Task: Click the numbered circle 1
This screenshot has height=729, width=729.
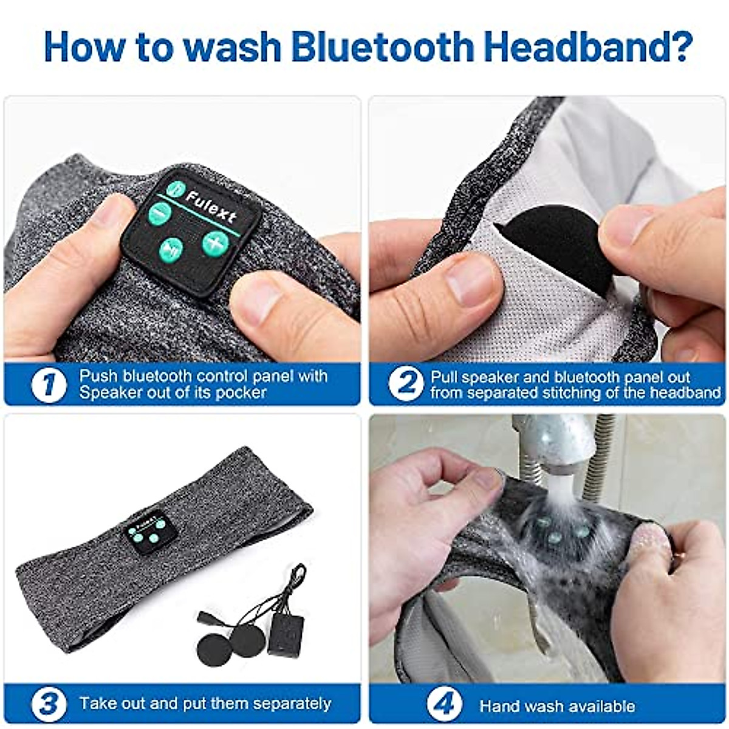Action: tap(49, 385)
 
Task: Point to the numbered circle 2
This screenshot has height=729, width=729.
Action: tap(405, 385)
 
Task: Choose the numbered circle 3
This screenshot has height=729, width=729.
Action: tap(49, 704)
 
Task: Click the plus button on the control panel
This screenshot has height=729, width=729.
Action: tap(215, 242)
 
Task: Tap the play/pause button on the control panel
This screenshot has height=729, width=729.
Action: tap(171, 249)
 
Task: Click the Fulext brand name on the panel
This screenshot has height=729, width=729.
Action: tap(211, 207)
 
